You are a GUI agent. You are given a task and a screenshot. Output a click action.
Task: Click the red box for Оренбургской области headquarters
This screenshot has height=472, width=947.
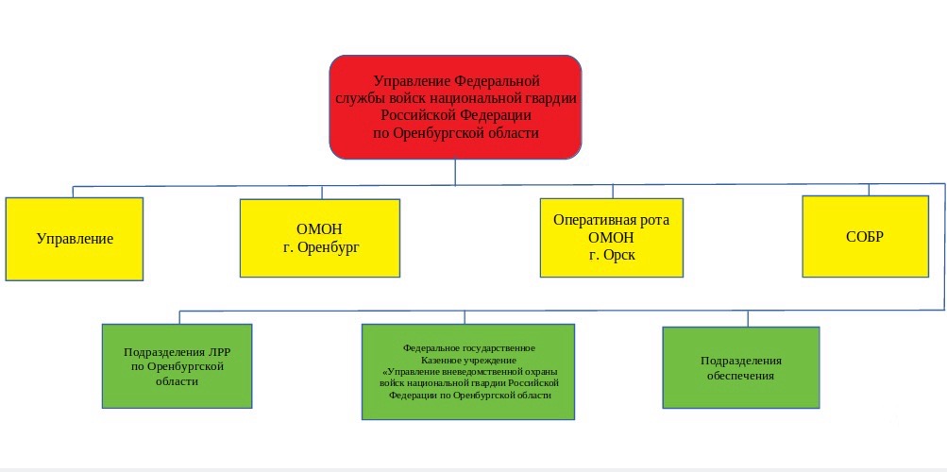tap(455, 107)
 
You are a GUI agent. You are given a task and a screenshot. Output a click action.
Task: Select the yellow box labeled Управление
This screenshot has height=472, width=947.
tap(75, 239)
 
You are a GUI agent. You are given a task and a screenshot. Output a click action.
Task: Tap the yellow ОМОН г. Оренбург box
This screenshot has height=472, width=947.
tap(320, 238)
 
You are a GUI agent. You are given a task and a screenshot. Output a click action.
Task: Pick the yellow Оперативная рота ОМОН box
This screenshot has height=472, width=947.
tap(612, 238)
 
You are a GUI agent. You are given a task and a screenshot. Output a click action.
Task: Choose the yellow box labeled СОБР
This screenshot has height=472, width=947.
tap(866, 236)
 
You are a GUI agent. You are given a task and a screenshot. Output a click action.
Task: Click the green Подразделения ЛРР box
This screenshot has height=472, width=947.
tap(177, 365)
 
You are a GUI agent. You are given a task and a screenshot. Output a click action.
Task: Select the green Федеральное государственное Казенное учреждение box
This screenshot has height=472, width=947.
tap(468, 371)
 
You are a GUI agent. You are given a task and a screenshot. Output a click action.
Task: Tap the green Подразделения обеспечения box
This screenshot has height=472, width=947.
tap(741, 367)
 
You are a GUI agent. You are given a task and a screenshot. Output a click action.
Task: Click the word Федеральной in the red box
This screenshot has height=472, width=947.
tap(497, 81)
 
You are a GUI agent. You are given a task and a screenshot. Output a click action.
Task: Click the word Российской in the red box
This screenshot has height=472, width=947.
tap(416, 114)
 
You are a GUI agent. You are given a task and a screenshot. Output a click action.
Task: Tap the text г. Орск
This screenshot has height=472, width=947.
tap(612, 255)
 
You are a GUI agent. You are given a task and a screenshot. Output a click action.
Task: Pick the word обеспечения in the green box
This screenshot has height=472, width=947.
tap(741, 376)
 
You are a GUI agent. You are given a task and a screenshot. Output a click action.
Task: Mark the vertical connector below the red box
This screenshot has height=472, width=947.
tap(455, 172)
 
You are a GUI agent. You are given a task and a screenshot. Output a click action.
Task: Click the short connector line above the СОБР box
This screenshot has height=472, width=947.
tap(869, 190)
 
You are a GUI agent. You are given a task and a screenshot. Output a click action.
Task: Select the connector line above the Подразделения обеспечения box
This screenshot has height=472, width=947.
tap(748, 319)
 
